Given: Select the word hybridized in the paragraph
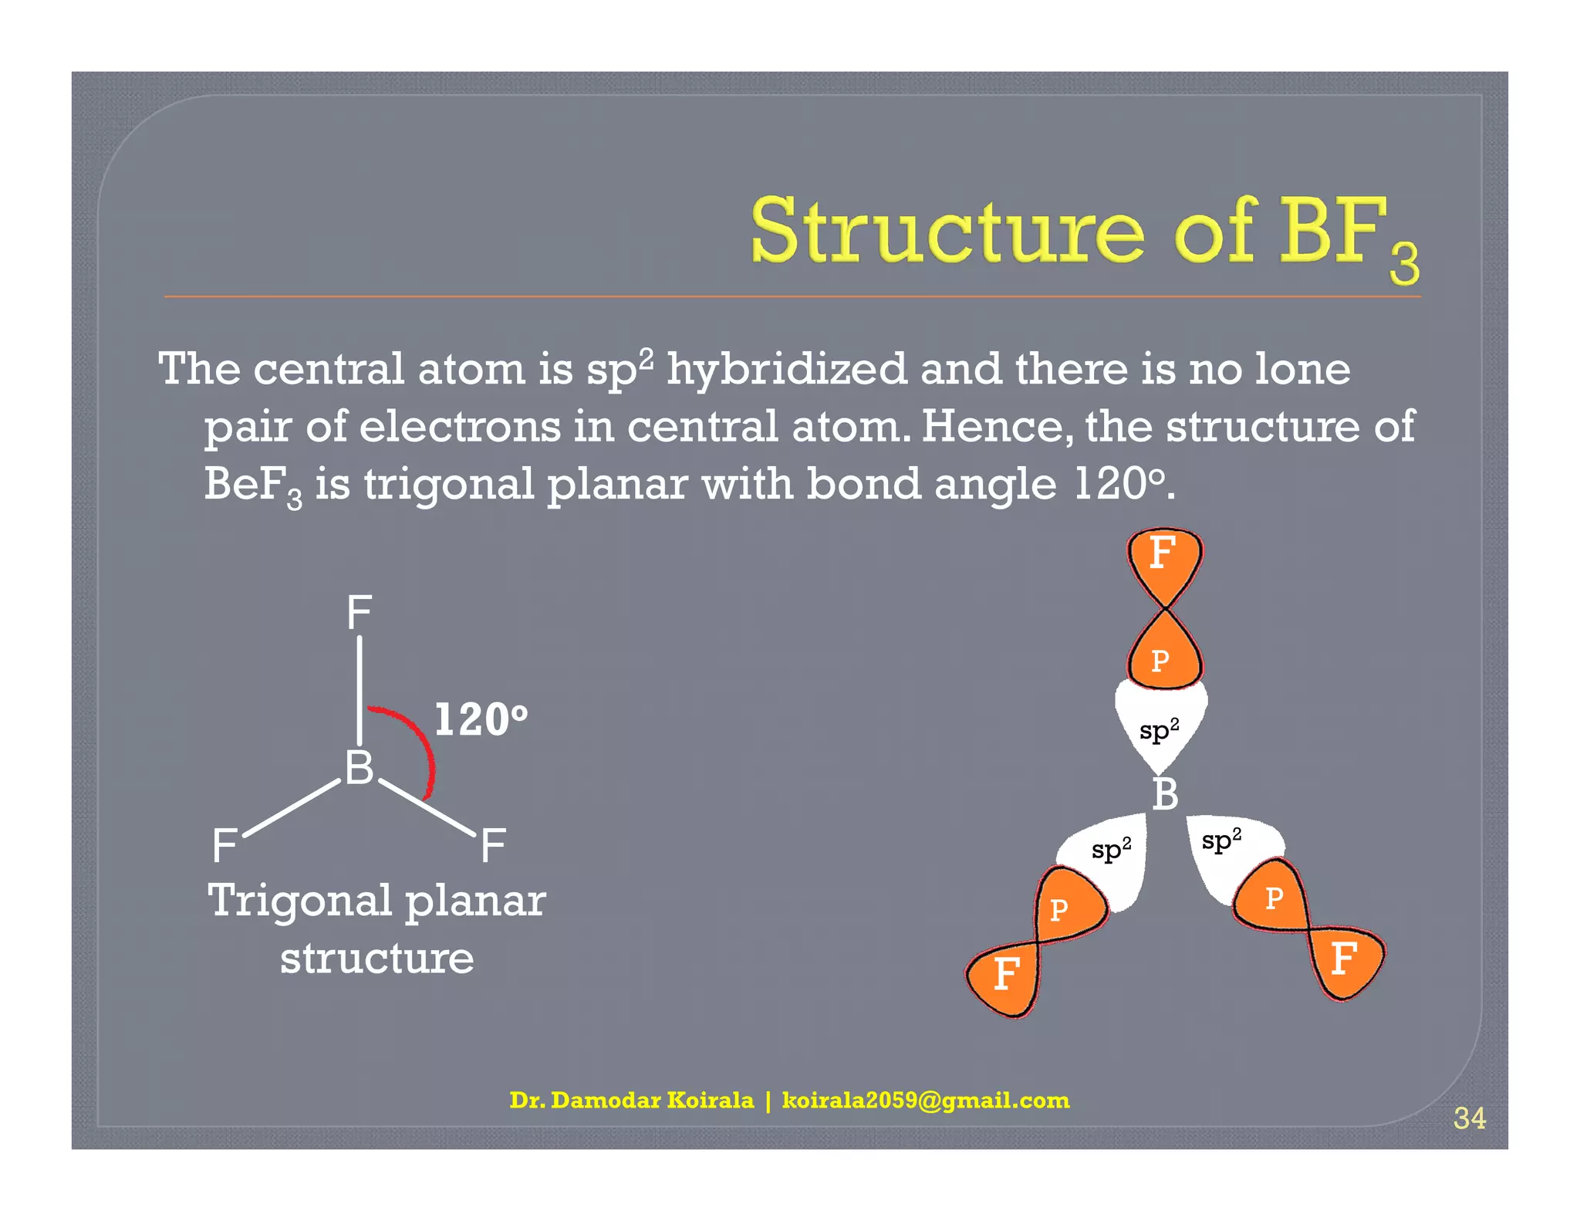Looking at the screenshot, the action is click(x=786, y=370).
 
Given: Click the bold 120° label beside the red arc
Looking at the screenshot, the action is click(x=481, y=719).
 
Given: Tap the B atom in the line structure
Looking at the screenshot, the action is click(x=359, y=768).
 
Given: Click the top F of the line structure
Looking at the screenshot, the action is click(x=359, y=614).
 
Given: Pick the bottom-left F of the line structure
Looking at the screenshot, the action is click(x=225, y=846).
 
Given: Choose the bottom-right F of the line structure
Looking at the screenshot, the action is click(x=493, y=846).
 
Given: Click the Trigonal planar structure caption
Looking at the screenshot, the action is click(x=376, y=928).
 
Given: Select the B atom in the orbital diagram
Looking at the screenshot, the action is click(x=1165, y=795).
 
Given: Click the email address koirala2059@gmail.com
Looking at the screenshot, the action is click(x=926, y=1100).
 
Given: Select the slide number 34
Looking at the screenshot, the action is click(x=1469, y=1118).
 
